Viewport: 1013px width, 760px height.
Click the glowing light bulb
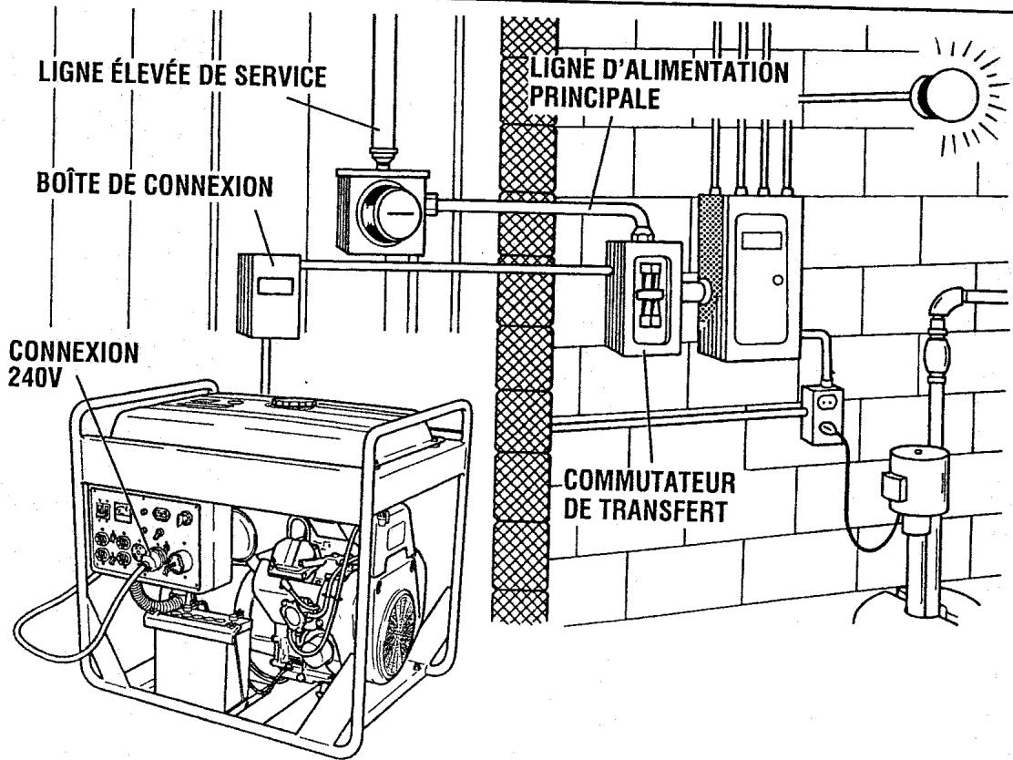pyautogui.click(x=946, y=95)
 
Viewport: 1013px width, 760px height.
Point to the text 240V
pyautogui.click(x=35, y=377)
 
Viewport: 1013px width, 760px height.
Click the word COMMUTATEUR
pyautogui.click(x=650, y=483)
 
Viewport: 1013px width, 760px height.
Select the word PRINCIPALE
pyautogui.click(x=594, y=98)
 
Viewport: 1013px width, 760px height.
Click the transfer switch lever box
pyautogui.click(x=643, y=298)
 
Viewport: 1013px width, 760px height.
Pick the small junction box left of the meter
pyautogui.click(x=269, y=295)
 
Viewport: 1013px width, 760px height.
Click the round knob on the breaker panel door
pyautogui.click(x=778, y=280)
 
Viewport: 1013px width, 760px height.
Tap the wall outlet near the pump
pyautogui.click(x=823, y=415)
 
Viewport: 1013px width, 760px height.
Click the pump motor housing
pyautogui.click(x=916, y=483)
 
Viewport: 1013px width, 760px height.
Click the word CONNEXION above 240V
pyautogui.click(x=74, y=353)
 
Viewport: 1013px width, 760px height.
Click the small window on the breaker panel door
pyautogui.click(x=762, y=241)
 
